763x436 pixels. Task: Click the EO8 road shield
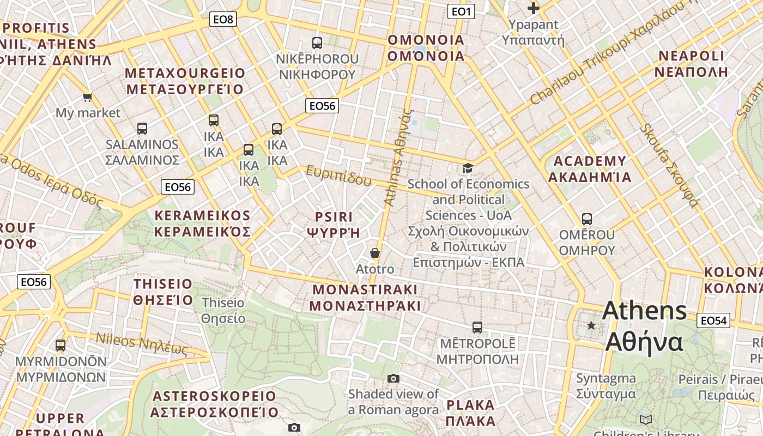click(x=223, y=20)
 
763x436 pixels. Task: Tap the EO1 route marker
click(x=461, y=11)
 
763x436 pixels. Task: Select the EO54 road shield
click(x=713, y=320)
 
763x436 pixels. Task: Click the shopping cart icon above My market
click(x=87, y=98)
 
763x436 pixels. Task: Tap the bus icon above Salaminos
click(x=142, y=129)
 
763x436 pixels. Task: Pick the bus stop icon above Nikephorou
click(x=317, y=43)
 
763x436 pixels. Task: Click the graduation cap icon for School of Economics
click(x=468, y=168)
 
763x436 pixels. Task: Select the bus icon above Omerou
click(x=587, y=219)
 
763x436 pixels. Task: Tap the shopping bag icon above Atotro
click(x=375, y=253)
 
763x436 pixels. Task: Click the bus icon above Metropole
click(x=477, y=328)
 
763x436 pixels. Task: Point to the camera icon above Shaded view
click(x=393, y=378)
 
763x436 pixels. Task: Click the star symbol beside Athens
click(x=591, y=325)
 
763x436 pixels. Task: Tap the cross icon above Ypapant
click(x=534, y=8)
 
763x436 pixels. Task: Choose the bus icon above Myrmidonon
click(x=60, y=345)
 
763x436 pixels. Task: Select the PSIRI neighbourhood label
click(x=334, y=217)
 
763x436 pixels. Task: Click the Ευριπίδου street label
click(x=338, y=175)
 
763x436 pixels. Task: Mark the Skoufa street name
click(x=670, y=165)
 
